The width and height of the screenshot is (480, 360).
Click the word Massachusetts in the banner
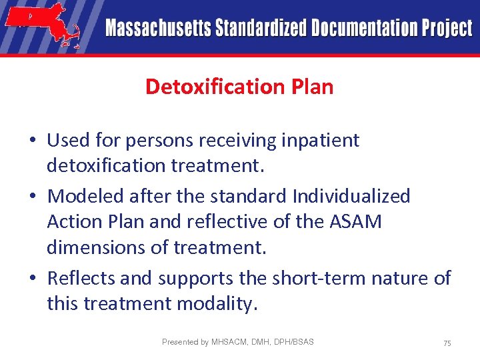point(157,28)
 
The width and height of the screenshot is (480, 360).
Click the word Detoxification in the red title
point(207,87)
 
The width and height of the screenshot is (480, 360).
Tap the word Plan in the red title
point(311,87)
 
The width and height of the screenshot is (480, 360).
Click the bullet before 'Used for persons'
point(33,141)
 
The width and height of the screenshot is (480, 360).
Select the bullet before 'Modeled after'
point(33,197)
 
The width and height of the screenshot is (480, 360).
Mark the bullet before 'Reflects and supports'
point(33,278)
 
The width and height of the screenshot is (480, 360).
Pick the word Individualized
point(351,196)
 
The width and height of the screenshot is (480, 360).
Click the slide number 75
point(447,343)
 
